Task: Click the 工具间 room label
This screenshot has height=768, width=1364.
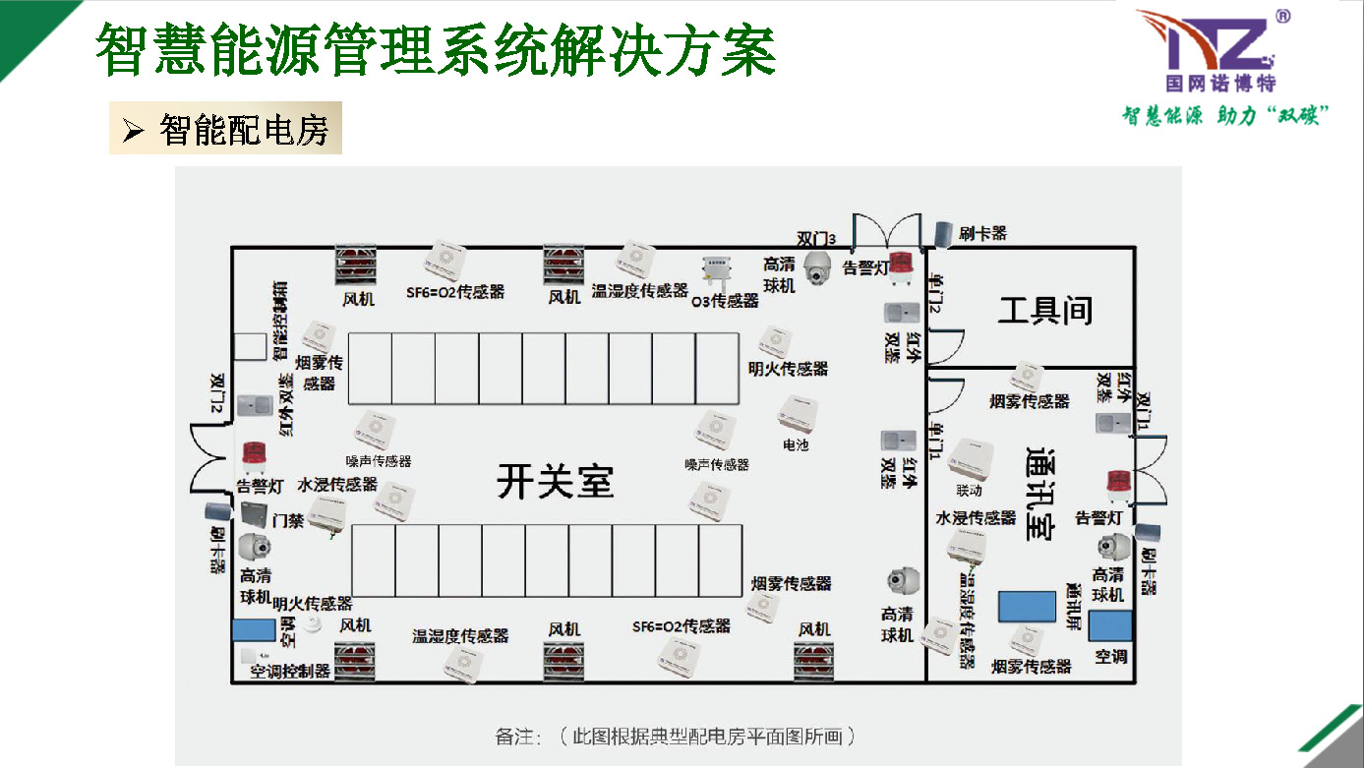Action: pyautogui.click(x=1044, y=312)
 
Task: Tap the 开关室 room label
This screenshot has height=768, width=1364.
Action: pyautogui.click(x=555, y=482)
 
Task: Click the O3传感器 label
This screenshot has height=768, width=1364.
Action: pyautogui.click(x=726, y=301)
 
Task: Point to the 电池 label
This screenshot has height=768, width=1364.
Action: pyautogui.click(x=795, y=445)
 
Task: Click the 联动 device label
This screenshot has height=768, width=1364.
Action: pyautogui.click(x=969, y=490)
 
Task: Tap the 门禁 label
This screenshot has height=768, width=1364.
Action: pyautogui.click(x=288, y=519)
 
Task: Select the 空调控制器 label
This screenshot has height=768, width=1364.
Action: pyautogui.click(x=289, y=673)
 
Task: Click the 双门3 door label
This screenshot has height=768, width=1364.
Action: pyautogui.click(x=816, y=239)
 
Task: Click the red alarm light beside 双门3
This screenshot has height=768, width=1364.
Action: pyautogui.click(x=902, y=265)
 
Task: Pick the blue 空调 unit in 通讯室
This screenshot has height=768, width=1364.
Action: pyautogui.click(x=1110, y=626)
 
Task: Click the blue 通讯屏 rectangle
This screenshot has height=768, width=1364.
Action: pyautogui.click(x=1027, y=606)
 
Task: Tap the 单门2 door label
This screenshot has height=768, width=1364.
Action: pyautogui.click(x=935, y=292)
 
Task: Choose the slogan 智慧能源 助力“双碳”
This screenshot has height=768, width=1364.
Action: pyautogui.click(x=1226, y=115)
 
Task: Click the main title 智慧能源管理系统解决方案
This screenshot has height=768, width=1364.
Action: pyautogui.click(x=436, y=51)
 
